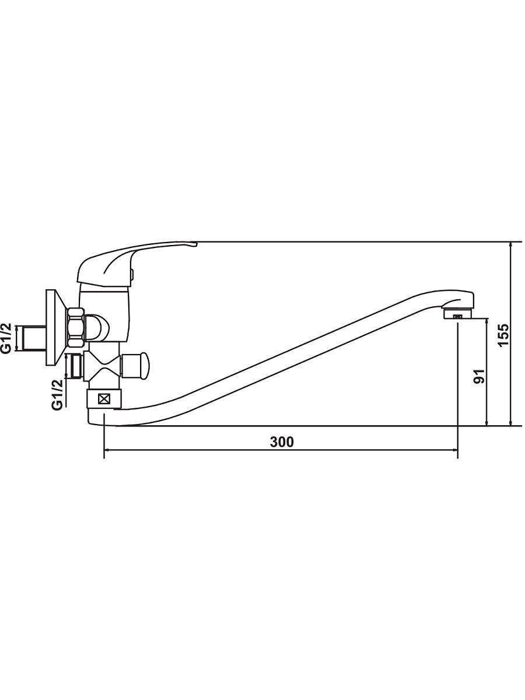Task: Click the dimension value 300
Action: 282,442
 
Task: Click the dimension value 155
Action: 503,335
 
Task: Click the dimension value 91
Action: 479,376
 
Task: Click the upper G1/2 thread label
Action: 7,338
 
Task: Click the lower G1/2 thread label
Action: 57,395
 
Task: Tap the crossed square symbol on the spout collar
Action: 104,399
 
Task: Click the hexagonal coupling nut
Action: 76,327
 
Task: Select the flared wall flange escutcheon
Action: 57,327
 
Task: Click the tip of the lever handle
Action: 197,244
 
